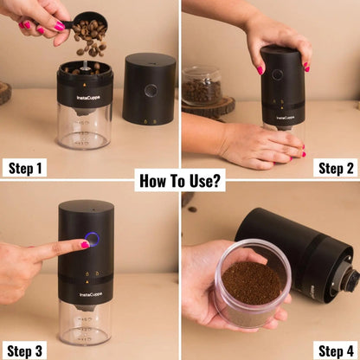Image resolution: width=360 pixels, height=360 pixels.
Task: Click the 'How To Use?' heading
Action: (179, 182)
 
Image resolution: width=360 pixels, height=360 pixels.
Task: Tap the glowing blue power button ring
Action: (92, 240)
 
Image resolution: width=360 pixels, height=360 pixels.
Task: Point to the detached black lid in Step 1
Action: (148, 88)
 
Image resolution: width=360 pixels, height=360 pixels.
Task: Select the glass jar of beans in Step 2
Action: (201, 87)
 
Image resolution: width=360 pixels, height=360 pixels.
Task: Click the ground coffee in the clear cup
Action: (252, 282)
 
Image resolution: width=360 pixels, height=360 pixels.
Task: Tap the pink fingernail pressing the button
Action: (85, 245)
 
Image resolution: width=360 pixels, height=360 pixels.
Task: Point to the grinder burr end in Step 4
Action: (349, 279)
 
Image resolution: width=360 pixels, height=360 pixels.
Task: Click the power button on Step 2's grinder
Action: (278, 74)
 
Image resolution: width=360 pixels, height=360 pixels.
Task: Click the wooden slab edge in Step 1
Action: (4, 92)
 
